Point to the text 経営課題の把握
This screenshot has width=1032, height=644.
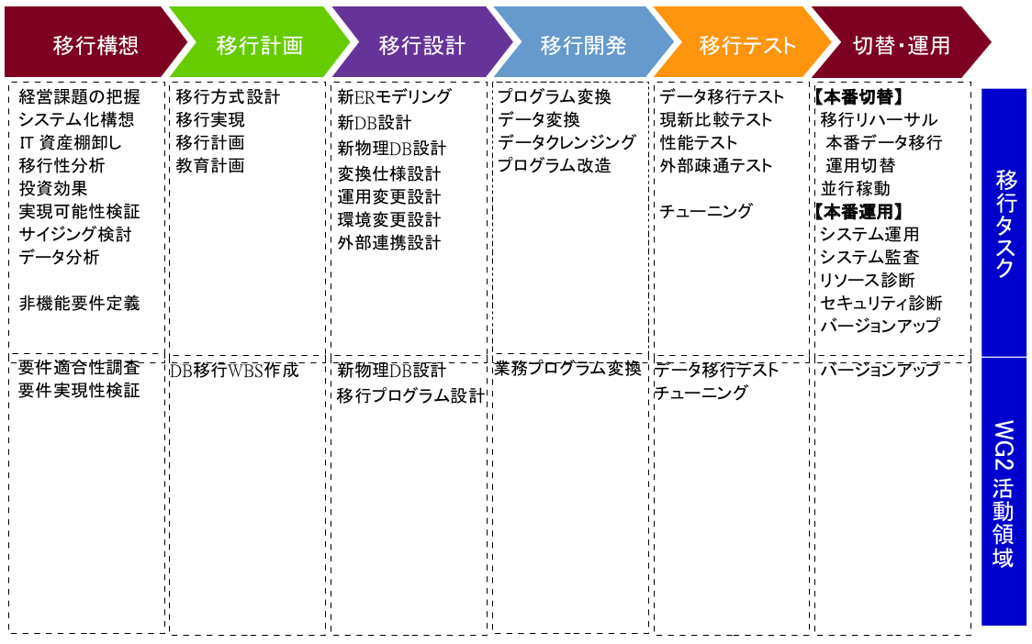pyautogui.click(x=80, y=96)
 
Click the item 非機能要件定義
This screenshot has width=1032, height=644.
pyautogui.click(x=80, y=304)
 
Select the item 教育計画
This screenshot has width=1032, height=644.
pyautogui.click(x=210, y=165)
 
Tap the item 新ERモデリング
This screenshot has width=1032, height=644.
pyautogui.click(x=394, y=96)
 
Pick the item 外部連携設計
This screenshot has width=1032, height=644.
pyautogui.click(x=389, y=243)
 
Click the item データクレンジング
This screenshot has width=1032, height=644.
pyautogui.click(x=566, y=142)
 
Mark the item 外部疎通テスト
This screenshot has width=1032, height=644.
pyautogui.click(x=715, y=165)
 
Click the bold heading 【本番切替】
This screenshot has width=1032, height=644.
pyautogui.click(x=858, y=96)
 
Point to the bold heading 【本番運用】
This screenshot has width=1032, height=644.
pyautogui.click(x=858, y=211)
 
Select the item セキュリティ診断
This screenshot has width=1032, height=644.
pyautogui.click(x=881, y=303)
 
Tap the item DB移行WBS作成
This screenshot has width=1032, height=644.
pyautogui.click(x=234, y=371)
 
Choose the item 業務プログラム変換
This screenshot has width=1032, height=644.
pyautogui.click(x=568, y=369)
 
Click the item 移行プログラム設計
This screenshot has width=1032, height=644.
pyautogui.click(x=410, y=395)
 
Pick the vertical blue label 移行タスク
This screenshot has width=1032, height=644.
pyautogui.click(x=1004, y=223)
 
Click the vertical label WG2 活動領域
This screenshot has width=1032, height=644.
pyautogui.click(x=1003, y=494)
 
